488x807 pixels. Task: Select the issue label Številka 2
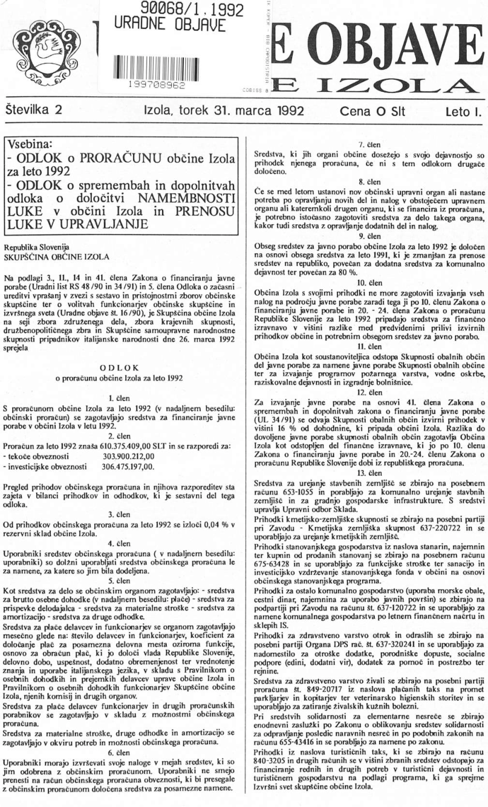pos(37,111)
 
